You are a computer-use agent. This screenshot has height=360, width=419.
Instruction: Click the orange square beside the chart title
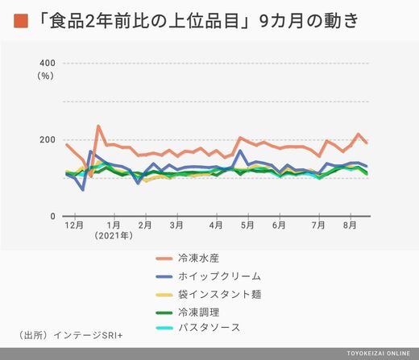click(21, 21)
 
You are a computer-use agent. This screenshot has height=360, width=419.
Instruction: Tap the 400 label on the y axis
click(48, 63)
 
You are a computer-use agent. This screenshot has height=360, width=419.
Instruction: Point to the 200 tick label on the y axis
click(48, 139)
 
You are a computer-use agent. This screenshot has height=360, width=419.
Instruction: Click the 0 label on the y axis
click(52, 216)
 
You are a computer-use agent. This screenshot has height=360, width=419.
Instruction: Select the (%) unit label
click(45, 76)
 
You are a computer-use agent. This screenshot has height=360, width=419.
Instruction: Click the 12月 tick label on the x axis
click(74, 225)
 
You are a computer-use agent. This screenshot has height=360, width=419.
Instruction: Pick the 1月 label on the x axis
click(114, 225)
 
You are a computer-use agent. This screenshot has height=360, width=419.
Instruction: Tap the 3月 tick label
click(176, 225)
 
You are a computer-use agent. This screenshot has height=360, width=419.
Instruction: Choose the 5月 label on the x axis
click(247, 225)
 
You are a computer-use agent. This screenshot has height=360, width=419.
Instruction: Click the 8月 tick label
click(350, 225)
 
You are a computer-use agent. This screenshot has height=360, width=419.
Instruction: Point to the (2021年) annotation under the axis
click(114, 236)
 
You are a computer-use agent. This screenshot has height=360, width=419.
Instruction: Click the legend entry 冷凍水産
click(198, 258)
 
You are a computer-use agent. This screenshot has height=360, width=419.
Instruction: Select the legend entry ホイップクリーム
click(219, 276)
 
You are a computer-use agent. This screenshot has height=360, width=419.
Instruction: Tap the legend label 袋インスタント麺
click(219, 294)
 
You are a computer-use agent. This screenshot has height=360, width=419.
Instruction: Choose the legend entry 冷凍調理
click(198, 312)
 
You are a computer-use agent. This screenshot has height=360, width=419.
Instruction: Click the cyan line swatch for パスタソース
click(164, 328)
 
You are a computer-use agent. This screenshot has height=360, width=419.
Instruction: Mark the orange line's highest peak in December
click(98, 126)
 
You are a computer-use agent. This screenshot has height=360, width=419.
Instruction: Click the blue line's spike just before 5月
click(240, 151)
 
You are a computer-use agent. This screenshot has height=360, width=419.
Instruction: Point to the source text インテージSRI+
click(88, 335)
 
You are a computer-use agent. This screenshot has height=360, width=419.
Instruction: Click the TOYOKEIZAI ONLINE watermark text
click(379, 354)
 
